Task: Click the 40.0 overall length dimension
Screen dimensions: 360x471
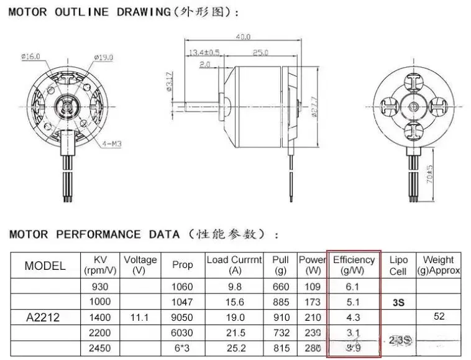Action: (242, 37)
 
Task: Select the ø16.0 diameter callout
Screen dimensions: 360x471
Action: (30, 57)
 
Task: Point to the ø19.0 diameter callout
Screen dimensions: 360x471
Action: (103, 57)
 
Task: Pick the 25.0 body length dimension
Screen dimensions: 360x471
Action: (262, 51)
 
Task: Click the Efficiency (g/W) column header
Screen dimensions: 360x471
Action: (354, 265)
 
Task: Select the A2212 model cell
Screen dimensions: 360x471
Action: (43, 317)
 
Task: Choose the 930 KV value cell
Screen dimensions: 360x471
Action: (101, 287)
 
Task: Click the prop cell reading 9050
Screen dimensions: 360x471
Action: (182, 317)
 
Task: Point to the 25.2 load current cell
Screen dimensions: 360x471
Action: (234, 348)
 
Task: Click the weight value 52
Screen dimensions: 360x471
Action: (439, 316)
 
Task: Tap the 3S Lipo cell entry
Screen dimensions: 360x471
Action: (398, 302)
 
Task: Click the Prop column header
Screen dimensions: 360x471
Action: (182, 265)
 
